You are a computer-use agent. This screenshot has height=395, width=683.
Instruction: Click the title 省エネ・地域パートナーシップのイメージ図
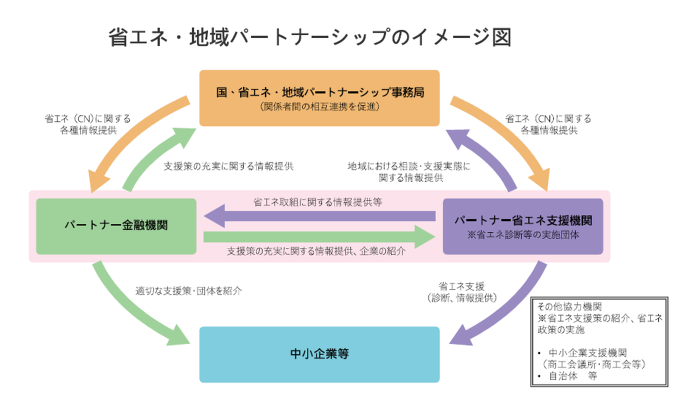[309, 37]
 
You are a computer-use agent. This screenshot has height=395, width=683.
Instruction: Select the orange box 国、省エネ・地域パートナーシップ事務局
[320, 98]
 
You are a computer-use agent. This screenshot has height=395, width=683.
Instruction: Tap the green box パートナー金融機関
[116, 226]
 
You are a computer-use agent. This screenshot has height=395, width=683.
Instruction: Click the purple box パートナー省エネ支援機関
[522, 226]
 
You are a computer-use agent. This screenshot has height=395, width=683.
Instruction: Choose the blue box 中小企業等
[320, 354]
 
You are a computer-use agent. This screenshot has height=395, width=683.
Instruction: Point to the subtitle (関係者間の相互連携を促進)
[320, 107]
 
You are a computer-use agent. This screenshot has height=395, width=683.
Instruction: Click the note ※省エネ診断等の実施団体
[523, 236]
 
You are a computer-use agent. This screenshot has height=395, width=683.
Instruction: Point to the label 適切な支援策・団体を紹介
[188, 290]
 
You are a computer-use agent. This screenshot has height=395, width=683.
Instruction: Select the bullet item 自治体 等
[573, 376]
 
